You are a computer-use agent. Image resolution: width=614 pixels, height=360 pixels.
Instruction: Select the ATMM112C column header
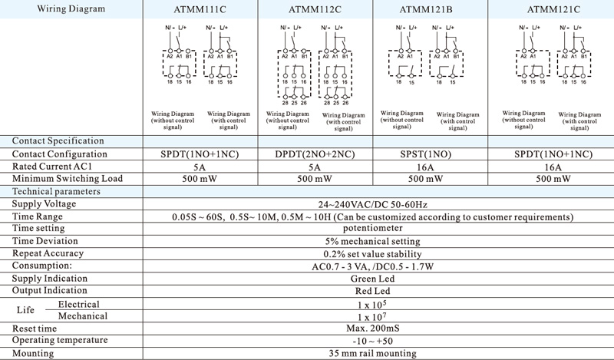coord(315,9)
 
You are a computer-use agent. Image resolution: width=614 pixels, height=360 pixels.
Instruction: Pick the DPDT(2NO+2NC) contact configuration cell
coord(315,154)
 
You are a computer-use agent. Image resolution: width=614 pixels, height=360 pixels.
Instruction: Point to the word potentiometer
coord(373,228)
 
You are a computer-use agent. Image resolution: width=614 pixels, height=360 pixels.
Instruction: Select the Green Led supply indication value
coord(373,278)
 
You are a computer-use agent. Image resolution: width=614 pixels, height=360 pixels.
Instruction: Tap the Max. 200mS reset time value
coord(373,328)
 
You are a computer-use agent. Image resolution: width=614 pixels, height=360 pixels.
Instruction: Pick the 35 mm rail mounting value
coord(373,353)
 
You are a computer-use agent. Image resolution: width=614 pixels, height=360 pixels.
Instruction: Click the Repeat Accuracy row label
coord(48,253)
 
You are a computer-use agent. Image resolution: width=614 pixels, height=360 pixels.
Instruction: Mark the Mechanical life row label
coord(84,315)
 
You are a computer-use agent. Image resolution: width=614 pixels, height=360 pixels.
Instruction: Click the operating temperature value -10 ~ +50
coord(373,340)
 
